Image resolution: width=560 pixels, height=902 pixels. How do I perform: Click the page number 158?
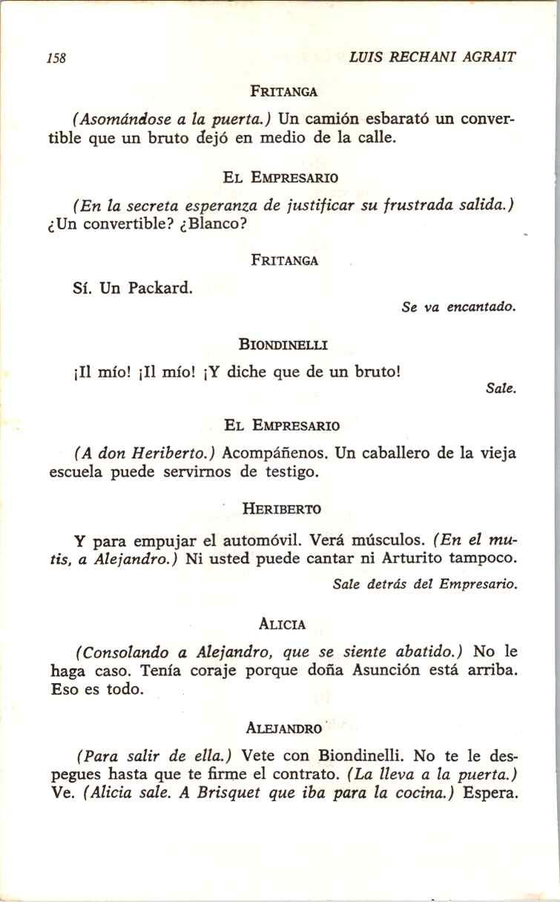(x=56, y=58)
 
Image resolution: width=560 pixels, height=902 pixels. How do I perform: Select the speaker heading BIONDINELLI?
(x=284, y=344)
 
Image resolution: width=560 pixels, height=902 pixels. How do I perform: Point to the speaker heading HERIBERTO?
(x=282, y=509)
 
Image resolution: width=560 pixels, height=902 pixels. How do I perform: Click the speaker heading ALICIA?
(x=283, y=624)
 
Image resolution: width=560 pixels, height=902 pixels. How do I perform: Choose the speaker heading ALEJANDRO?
(x=283, y=728)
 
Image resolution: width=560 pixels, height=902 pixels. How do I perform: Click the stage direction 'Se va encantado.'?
(x=458, y=307)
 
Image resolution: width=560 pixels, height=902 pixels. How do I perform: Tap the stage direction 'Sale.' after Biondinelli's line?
(x=501, y=388)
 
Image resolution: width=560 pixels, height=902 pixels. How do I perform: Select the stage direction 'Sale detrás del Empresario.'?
(x=425, y=584)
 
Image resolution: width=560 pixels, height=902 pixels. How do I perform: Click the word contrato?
(x=306, y=775)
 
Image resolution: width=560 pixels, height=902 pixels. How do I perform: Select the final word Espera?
(x=489, y=793)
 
